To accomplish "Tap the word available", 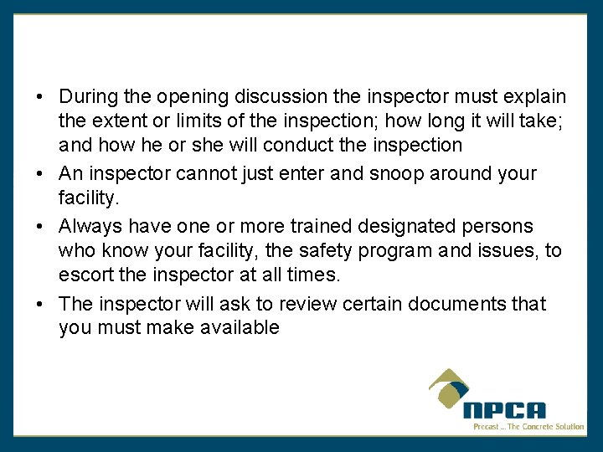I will click(x=240, y=328).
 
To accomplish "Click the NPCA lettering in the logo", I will click(x=504, y=410).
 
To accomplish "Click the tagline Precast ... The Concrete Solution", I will click(x=528, y=427).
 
